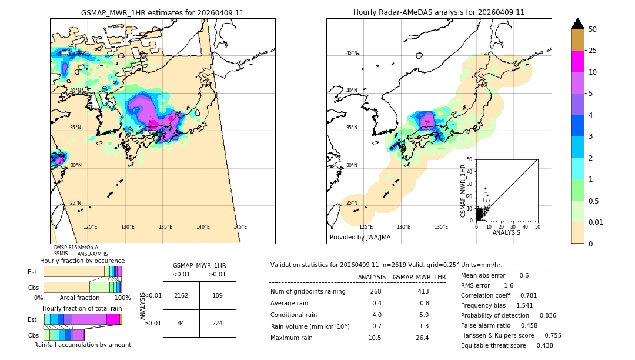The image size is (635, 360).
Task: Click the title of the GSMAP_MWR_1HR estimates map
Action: pyautogui.click(x=162, y=12)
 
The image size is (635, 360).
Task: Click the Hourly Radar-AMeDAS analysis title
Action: pyautogui.click(x=439, y=12)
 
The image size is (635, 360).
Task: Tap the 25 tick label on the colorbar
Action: pyautogui.click(x=593, y=51)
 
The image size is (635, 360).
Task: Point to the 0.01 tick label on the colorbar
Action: pyautogui.click(x=596, y=222)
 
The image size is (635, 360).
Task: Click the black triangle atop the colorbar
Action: pyautogui.click(x=578, y=24)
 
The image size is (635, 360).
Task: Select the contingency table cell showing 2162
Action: pyautogui.click(x=181, y=295)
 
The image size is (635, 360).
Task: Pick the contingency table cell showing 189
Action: pyautogui.click(x=218, y=295)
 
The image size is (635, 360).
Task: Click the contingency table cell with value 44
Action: pyautogui.click(x=181, y=323)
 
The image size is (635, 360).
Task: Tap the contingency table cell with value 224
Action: pyautogui.click(x=218, y=323)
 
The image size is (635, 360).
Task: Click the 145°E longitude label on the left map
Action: pyautogui.click(x=240, y=227)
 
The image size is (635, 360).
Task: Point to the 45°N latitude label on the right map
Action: pyautogui.click(x=352, y=53)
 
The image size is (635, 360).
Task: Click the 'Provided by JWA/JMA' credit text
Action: pyautogui.click(x=360, y=237)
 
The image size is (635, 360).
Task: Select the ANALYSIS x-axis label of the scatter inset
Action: pyautogui.click(x=506, y=232)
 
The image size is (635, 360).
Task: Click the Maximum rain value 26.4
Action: pyautogui.click(x=422, y=338)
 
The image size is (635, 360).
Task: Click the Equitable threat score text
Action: pyautogui.click(x=507, y=345)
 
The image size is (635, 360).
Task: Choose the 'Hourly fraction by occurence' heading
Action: pyautogui.click(x=82, y=261)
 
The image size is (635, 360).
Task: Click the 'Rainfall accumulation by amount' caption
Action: pyautogui.click(x=82, y=345)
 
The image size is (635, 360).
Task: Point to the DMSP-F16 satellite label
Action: pyautogui.click(x=65, y=248)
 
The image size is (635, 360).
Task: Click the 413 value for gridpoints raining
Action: pyautogui.click(x=423, y=291)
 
